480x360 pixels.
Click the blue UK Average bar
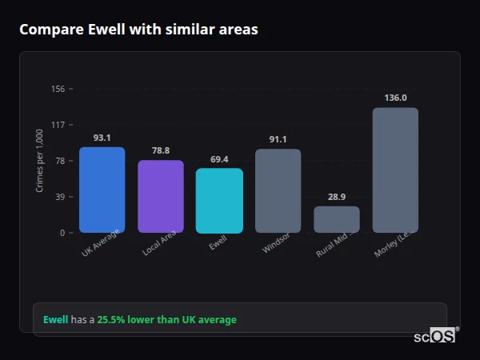tap(102, 190)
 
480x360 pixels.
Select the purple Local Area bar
tap(161, 196)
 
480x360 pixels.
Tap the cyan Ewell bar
tap(219, 200)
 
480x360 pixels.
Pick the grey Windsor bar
tap(278, 190)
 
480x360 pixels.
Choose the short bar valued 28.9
tap(337, 219)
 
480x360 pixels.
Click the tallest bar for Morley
tap(395, 170)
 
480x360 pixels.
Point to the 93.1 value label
tap(102, 138)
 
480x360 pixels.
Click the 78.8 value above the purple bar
tap(161, 150)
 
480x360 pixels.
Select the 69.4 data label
tap(219, 158)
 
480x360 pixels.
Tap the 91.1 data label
tap(278, 139)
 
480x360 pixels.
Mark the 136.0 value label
tap(395, 98)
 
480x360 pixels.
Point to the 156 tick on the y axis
tap(58, 89)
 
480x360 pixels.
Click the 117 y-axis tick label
tap(58, 125)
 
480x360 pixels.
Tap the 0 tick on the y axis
tap(62, 233)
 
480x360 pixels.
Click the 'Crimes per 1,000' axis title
tap(40, 161)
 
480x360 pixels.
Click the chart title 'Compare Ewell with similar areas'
tap(138, 30)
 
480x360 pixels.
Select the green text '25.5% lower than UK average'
tap(166, 320)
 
